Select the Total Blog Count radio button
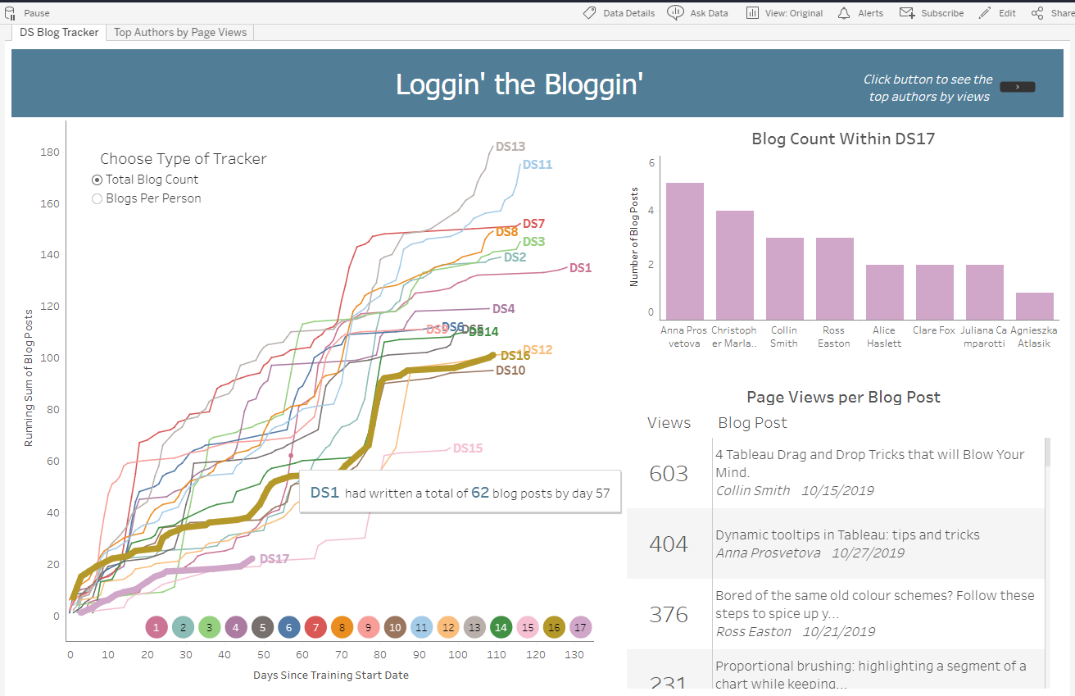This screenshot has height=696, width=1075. point(98,180)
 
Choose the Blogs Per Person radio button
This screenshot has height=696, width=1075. point(98,198)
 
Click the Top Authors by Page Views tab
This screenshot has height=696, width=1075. point(180,32)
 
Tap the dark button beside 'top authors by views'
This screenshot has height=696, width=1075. point(1018,87)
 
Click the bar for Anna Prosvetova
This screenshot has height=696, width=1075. point(684,250)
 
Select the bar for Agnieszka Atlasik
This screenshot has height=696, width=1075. point(1034,305)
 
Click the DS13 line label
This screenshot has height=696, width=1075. point(510,147)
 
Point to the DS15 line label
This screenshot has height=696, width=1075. point(467,448)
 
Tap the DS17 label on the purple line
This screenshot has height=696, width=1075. point(274,559)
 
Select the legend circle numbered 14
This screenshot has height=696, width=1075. point(501,628)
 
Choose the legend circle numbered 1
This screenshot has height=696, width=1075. point(156,628)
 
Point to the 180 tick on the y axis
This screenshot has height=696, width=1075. point(49,152)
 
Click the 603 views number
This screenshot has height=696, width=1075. point(669,474)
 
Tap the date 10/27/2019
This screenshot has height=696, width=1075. point(868,553)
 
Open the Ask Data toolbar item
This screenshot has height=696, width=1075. point(698,13)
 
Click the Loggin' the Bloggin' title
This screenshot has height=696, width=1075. point(519,84)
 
